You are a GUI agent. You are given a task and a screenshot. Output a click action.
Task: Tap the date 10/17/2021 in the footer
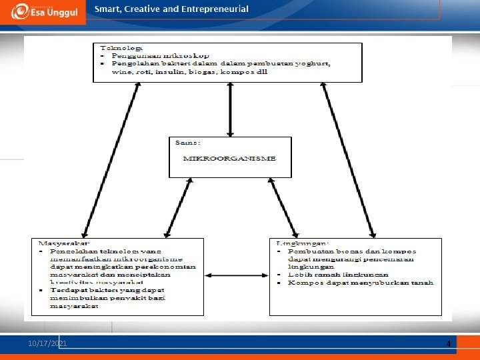tap(47, 343)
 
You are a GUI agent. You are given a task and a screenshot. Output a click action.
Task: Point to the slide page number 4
tap(449, 344)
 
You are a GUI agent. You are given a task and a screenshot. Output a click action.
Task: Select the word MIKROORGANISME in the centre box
tap(229, 158)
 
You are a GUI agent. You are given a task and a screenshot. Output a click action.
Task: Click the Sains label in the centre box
tap(187, 142)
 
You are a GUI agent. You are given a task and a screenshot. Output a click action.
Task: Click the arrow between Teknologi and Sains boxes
tap(230, 109)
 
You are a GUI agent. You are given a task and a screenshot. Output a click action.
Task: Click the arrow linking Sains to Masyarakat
tap(178, 206)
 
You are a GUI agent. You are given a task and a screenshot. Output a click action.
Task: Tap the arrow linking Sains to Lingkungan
tap(283, 206)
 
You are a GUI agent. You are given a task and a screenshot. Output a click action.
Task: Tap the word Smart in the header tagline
tap(107, 9)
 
